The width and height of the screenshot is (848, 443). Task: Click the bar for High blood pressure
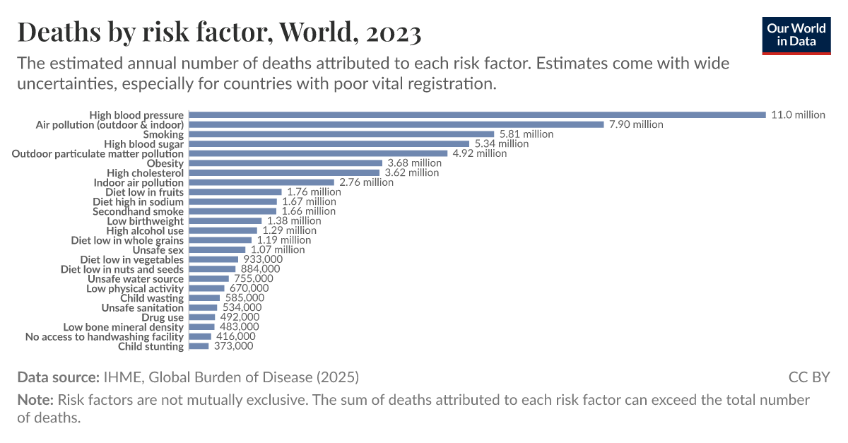[477, 114]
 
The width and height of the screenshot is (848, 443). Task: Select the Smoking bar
[341, 134]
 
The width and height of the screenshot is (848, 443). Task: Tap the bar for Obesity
[285, 163]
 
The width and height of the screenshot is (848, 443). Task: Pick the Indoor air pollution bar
[261, 182]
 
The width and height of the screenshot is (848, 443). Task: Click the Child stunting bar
[199, 346]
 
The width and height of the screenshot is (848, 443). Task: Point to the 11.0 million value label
[798, 114]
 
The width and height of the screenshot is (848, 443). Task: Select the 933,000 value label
[262, 259]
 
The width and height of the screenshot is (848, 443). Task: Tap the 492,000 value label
[239, 317]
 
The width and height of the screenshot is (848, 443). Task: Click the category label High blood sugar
[143, 144]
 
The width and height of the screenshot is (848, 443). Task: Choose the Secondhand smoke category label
[138, 211]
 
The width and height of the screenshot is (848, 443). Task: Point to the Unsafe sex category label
[158, 249]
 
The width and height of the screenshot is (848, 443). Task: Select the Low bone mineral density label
[124, 327]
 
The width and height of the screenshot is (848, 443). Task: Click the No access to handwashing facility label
[105, 337]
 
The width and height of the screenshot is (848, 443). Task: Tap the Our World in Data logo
[796, 34]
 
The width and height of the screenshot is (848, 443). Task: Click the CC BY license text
[809, 377]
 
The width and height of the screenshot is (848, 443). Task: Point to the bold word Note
[35, 400]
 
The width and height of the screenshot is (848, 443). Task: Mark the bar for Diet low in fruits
[235, 192]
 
